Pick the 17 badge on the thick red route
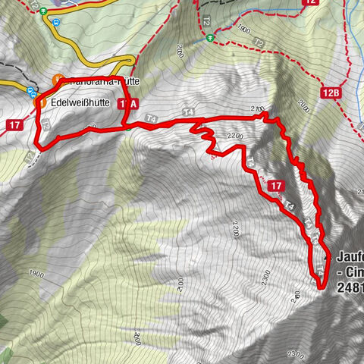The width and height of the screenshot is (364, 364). [276, 185]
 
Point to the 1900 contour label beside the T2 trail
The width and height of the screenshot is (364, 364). [243, 30]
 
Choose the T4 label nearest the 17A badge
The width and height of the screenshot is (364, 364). [152, 118]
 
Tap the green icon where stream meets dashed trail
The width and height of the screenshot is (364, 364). [216, 36]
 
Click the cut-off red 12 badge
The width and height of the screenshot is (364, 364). [310, 3]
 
